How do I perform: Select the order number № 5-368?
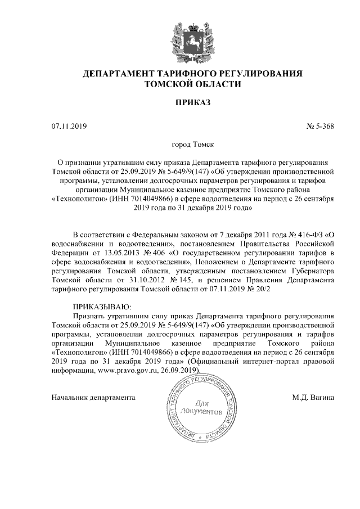[x=321, y=127]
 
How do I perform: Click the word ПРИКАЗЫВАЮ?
[x=102, y=307]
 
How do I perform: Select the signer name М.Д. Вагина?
[x=313, y=397]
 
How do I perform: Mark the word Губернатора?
[x=312, y=269]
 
